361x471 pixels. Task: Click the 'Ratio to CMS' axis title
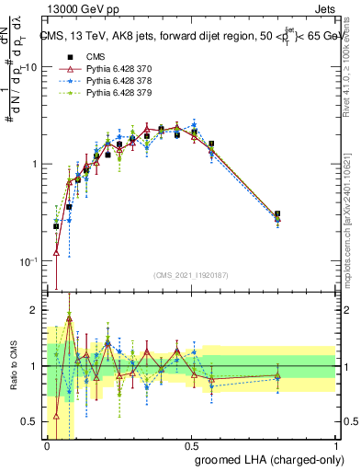(13, 366)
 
